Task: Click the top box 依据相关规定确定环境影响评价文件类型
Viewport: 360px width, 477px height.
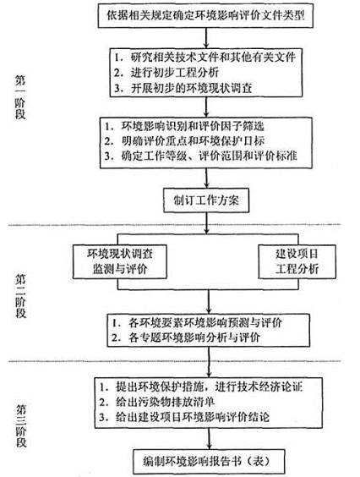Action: (205, 15)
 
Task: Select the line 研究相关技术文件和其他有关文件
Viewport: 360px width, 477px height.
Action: (205, 57)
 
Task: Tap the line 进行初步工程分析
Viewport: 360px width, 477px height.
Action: (166, 73)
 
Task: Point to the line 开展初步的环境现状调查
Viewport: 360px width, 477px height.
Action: (183, 88)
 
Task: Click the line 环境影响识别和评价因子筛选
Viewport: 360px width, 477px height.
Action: (184, 126)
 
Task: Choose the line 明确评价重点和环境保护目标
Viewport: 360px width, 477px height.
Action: (184, 141)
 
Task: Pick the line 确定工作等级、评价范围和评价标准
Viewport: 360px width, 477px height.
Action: (200, 156)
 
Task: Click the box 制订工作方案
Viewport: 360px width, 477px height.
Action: (206, 200)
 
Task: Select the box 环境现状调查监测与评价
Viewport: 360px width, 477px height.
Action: (120, 261)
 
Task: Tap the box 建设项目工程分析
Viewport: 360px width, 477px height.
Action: (297, 261)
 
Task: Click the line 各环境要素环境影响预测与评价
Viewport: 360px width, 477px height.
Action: (197, 323)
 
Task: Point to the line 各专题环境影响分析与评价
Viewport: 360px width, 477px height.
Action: (186, 337)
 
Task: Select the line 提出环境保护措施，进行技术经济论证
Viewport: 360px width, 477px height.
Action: (201, 387)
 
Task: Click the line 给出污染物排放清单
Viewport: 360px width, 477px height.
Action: (157, 403)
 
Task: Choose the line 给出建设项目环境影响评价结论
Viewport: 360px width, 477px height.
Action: (184, 417)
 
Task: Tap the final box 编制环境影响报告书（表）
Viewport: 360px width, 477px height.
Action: (210, 462)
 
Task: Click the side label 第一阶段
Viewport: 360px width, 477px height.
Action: (20, 97)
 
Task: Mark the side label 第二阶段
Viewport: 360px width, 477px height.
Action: (20, 296)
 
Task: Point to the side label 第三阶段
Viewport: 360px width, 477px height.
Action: (21, 426)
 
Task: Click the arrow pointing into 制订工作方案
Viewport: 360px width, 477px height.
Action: (207, 178)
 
